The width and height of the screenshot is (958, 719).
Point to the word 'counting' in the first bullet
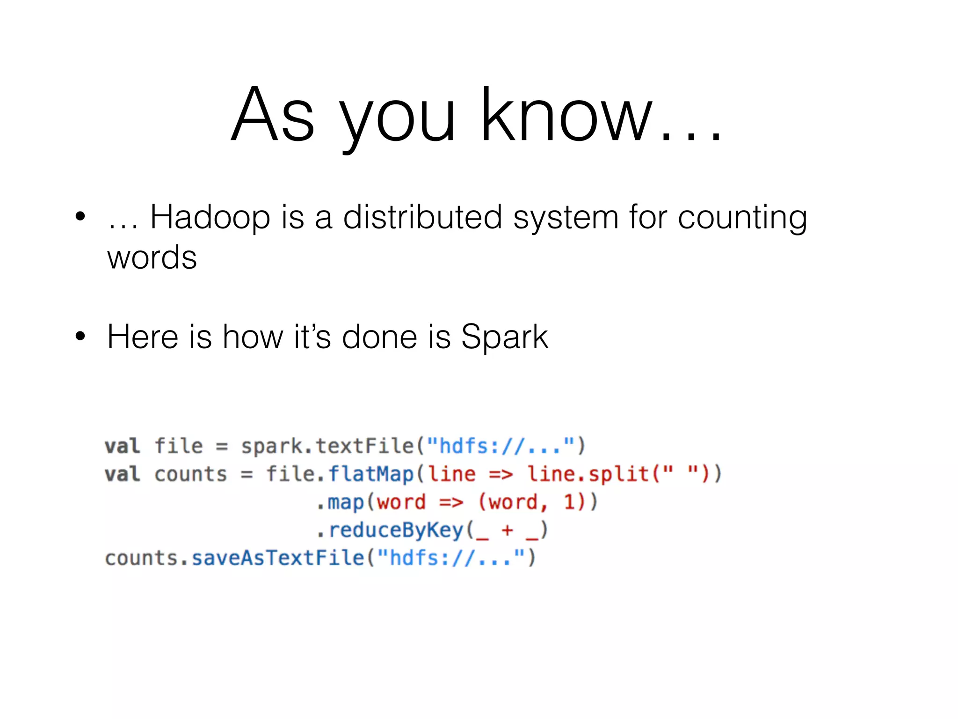pyautogui.click(x=742, y=218)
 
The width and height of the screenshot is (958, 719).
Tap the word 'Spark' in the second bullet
pyautogui.click(x=504, y=337)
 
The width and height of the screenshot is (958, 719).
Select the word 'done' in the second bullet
pyautogui.click(x=379, y=337)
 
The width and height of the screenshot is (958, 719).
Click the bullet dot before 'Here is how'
pyautogui.click(x=80, y=336)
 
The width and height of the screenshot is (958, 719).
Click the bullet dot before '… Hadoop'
pyautogui.click(x=80, y=216)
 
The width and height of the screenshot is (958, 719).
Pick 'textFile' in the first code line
pyautogui.click(x=365, y=446)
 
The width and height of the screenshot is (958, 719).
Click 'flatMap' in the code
pyautogui.click(x=371, y=474)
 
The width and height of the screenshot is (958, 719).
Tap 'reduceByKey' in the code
pyautogui.click(x=396, y=530)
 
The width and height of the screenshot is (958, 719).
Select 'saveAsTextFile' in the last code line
pyautogui.click(x=278, y=558)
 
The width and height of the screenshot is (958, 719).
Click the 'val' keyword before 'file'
pyautogui.click(x=122, y=446)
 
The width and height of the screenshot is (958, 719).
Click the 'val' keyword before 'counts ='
pyautogui.click(x=122, y=474)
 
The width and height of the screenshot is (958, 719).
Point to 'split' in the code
pyautogui.click(x=618, y=474)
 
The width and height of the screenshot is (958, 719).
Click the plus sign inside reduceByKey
pyautogui.click(x=507, y=530)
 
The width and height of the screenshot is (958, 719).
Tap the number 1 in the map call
pyautogui.click(x=569, y=502)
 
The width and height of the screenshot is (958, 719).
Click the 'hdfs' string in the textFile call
pyautogui.click(x=463, y=446)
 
